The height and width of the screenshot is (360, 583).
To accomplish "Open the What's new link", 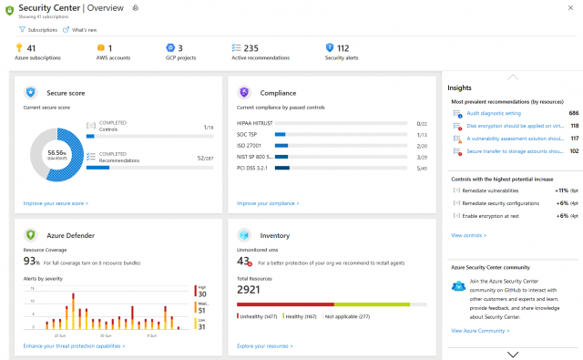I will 84,30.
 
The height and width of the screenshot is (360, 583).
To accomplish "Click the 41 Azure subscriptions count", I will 31,48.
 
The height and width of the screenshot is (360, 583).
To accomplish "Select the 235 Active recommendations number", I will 251,48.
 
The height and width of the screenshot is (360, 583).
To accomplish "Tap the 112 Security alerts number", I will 343,48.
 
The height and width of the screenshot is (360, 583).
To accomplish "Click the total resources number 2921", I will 251,289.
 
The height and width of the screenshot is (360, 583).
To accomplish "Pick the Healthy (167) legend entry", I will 301,315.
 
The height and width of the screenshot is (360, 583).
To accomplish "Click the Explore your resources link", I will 263,346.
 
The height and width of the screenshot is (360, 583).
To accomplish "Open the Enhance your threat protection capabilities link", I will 74,346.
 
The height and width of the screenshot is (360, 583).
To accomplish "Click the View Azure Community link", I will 481,331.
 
